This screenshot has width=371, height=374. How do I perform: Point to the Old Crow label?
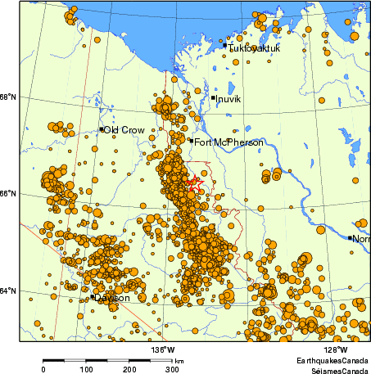pyautogui.click(x=124, y=130)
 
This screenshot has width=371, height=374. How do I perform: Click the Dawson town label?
pyautogui.click(x=112, y=298)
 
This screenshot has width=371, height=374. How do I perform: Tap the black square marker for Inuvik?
pyautogui.click(x=214, y=98)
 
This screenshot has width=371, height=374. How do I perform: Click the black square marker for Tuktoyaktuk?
pyautogui.click(x=225, y=45)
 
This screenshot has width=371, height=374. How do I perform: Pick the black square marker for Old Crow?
pyautogui.click(x=102, y=128)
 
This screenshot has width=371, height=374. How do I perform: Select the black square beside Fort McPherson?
pyautogui.click(x=191, y=141)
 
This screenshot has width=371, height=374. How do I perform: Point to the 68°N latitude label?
pyautogui.click(x=8, y=97)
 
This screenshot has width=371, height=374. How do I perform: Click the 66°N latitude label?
pyautogui.click(x=8, y=194)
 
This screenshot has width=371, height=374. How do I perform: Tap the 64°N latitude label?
pyautogui.click(x=8, y=291)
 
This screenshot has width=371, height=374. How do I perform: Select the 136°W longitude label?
pyautogui.click(x=162, y=349)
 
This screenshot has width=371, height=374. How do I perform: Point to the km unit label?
pyautogui.click(x=179, y=361)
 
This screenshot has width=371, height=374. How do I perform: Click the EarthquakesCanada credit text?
pyautogui.click(x=333, y=360)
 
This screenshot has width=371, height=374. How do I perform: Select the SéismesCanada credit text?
pyautogui.click(x=336, y=370)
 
